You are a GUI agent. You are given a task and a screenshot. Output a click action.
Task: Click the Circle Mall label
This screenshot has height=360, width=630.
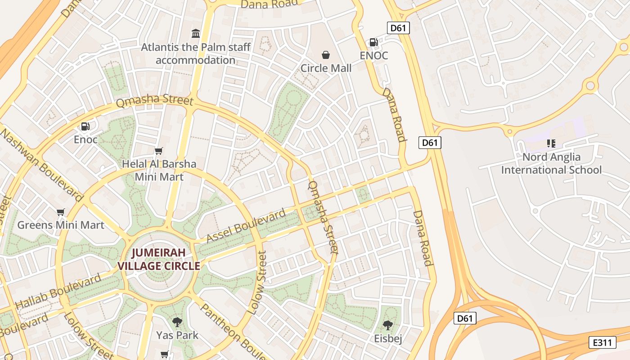326,68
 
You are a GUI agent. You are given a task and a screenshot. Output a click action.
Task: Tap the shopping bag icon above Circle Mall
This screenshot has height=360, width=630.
326,55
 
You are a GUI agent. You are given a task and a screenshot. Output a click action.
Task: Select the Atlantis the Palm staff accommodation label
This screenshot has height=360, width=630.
195,54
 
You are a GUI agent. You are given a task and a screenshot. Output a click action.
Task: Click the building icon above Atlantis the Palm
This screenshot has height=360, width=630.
195,33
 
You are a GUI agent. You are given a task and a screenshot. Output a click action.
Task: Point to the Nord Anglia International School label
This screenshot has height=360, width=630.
551,163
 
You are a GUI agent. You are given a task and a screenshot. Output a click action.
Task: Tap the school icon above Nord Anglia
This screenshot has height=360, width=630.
551,144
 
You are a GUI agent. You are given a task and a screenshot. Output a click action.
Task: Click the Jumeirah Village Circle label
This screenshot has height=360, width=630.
158,259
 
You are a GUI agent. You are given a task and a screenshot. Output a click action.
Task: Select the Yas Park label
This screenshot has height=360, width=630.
177,335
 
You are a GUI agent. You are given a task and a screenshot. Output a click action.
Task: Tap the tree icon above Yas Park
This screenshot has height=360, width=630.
177,322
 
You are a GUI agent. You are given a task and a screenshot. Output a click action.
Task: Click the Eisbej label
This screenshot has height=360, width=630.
388,338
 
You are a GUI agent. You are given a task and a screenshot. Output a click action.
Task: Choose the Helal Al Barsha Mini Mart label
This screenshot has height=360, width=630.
159,170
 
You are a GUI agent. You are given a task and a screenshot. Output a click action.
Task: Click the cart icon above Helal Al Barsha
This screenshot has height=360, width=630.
158,151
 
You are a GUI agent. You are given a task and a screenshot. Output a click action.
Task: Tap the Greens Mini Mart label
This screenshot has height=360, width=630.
61,225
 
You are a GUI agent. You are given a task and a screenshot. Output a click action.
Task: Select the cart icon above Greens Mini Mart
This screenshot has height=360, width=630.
61,212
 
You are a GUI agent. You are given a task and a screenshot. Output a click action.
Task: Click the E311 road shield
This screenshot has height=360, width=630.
603,342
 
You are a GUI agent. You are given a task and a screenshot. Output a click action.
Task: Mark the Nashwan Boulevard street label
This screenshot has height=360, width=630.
42,165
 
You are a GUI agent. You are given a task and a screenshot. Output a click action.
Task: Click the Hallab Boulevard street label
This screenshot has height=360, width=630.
58,292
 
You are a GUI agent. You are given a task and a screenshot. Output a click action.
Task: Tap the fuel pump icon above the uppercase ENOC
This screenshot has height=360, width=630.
373,42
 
